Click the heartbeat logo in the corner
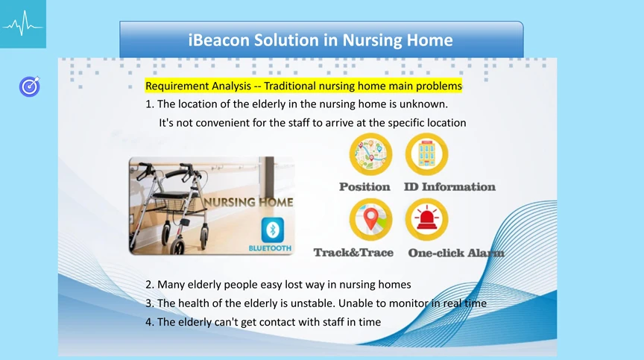click(x=22, y=24)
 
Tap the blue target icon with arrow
click(x=30, y=86)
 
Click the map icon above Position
click(x=370, y=154)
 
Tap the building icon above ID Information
click(x=426, y=154)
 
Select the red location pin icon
click(x=370, y=220)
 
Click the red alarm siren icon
click(x=426, y=220)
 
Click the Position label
click(x=364, y=187)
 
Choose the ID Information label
click(x=449, y=187)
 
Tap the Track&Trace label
click(x=353, y=253)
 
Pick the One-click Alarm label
click(x=456, y=253)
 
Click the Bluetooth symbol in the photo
click(x=272, y=230)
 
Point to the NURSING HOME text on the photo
click(x=248, y=202)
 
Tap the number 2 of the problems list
click(x=149, y=285)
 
